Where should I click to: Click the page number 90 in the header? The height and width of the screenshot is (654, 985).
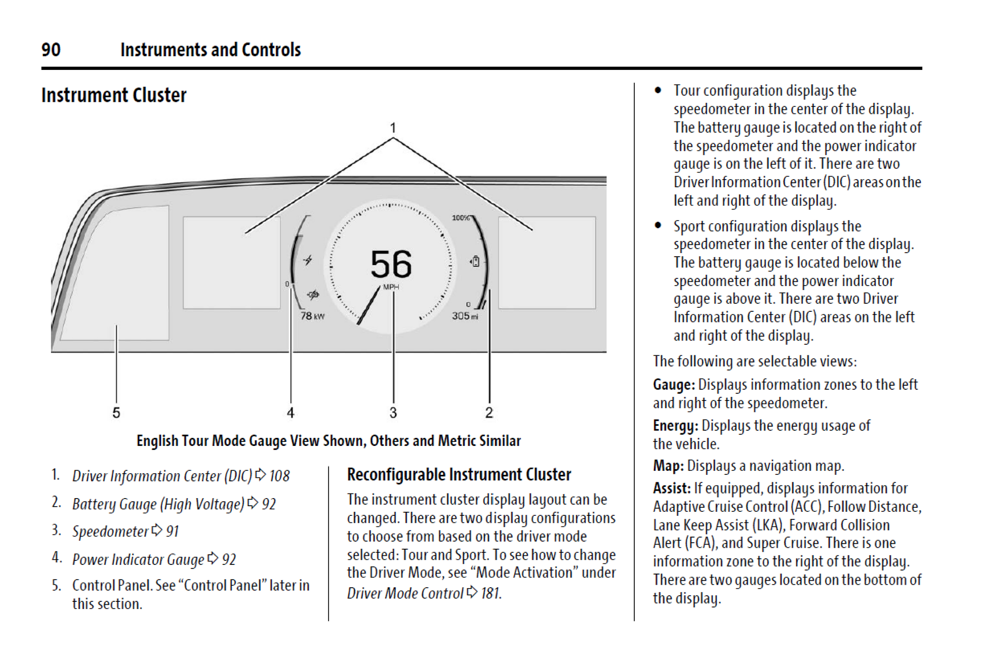pyautogui.click(x=51, y=50)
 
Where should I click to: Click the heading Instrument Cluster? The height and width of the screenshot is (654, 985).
pyautogui.click(x=114, y=95)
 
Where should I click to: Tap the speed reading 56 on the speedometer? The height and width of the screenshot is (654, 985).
pyautogui.click(x=391, y=264)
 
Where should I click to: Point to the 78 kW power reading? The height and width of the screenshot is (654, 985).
pyautogui.click(x=312, y=316)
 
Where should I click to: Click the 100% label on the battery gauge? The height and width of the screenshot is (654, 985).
pyautogui.click(x=461, y=218)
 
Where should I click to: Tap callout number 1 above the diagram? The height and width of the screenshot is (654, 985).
pyautogui.click(x=393, y=128)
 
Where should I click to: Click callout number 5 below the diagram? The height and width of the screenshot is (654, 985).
pyautogui.click(x=116, y=413)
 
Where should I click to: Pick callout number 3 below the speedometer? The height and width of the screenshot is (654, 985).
pyautogui.click(x=393, y=413)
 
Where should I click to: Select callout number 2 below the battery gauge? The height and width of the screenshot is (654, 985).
pyautogui.click(x=489, y=413)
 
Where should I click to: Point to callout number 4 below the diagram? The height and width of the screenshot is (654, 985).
pyautogui.click(x=291, y=413)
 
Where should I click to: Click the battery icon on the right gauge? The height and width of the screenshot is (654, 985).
pyautogui.click(x=475, y=261)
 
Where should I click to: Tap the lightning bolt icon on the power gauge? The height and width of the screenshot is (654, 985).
pyautogui.click(x=308, y=260)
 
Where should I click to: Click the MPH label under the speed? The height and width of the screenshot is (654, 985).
pyautogui.click(x=391, y=287)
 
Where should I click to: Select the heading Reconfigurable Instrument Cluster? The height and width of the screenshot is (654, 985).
pyautogui.click(x=459, y=474)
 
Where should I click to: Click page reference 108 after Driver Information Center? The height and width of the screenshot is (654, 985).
pyautogui.click(x=279, y=476)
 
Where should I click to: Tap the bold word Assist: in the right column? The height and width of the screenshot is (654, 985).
pyautogui.click(x=672, y=488)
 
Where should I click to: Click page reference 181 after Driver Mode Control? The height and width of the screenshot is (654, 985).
pyautogui.click(x=490, y=593)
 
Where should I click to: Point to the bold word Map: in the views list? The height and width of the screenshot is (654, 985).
pyautogui.click(x=668, y=466)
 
